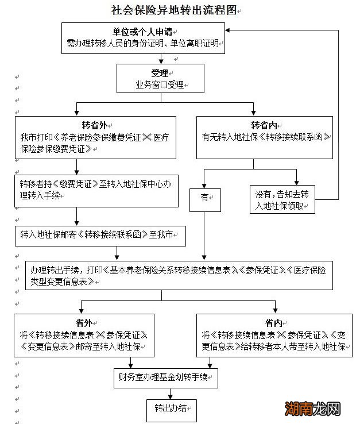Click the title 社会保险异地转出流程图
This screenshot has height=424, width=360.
click(175, 10)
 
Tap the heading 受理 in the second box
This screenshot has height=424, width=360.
click(160, 73)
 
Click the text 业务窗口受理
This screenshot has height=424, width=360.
click(160, 84)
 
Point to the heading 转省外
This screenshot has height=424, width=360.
click(94, 125)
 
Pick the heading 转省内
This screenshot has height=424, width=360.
click(264, 125)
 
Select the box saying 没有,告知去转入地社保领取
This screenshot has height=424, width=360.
click(282, 199)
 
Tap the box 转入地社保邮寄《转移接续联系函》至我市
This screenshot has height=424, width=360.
click(100, 235)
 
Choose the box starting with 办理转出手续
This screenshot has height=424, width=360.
click(178, 275)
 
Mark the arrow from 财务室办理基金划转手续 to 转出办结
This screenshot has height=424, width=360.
click(171, 392)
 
